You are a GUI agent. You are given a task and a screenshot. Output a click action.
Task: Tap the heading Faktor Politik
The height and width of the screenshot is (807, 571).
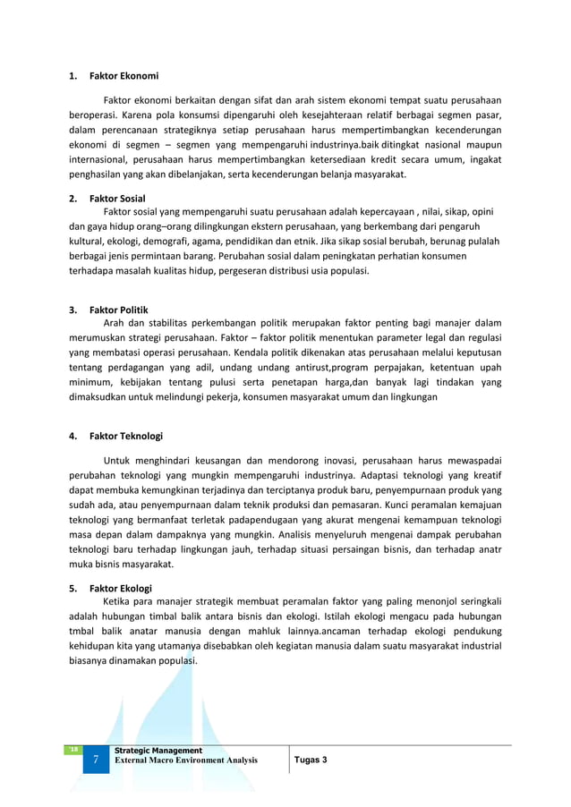click(x=120, y=310)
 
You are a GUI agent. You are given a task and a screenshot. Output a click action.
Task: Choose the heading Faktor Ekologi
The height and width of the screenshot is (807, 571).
click(x=121, y=589)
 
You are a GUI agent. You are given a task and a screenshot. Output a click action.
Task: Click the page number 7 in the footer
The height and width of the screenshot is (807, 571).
click(x=96, y=760)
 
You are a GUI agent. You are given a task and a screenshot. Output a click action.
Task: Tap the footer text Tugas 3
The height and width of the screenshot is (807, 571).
click(x=311, y=760)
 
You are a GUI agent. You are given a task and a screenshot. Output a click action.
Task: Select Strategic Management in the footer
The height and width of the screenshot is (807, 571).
click(x=158, y=750)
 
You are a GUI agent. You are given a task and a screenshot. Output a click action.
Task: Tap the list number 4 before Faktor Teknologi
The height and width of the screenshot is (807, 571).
click(x=72, y=437)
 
